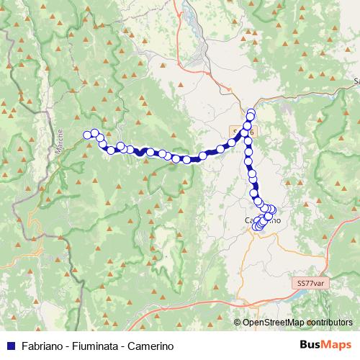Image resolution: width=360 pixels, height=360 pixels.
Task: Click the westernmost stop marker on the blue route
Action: (x=87, y=134)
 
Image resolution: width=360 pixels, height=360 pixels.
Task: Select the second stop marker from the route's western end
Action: (x=94, y=132)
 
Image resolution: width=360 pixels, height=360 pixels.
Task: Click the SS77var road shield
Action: (x=311, y=284)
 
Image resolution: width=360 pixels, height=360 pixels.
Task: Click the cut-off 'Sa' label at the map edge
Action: (x=356, y=81)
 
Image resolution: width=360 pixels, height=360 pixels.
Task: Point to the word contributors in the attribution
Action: (x=329, y=322)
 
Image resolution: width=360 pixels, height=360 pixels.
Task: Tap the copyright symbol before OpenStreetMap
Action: (x=238, y=322)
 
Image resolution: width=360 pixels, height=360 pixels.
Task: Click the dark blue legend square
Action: (x=9, y=345)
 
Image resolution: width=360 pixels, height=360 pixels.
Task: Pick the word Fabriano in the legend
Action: (x=42, y=345)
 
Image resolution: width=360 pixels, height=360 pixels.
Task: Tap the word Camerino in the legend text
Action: (x=150, y=345)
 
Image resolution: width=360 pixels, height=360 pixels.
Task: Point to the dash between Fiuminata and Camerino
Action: (x=123, y=345)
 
